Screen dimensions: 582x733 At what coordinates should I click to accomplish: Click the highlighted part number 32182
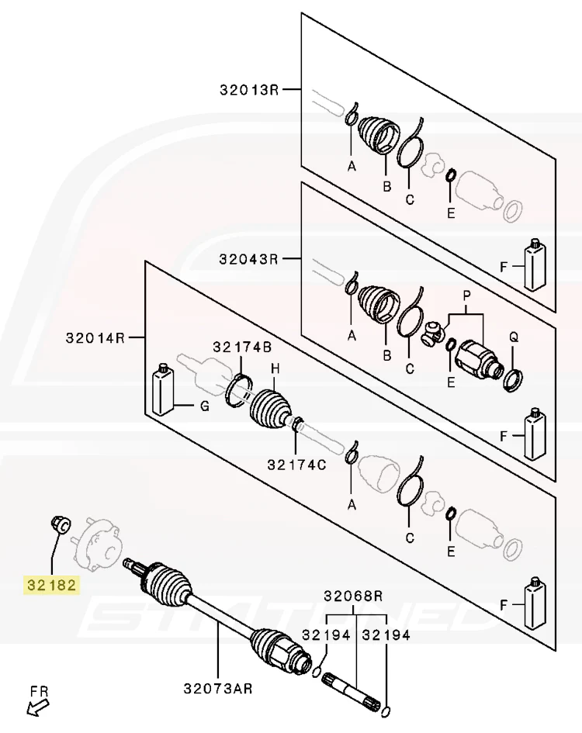(51, 585)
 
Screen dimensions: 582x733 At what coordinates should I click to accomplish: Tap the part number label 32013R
(249, 89)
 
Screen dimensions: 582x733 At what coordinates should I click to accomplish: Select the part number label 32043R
(249, 258)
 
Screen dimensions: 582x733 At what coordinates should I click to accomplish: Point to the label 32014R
(95, 337)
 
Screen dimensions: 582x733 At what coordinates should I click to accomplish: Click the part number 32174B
(242, 347)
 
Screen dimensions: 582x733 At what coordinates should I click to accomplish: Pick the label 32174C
(296, 465)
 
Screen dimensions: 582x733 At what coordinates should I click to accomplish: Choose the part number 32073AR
(218, 688)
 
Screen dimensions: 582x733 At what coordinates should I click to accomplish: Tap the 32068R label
(353, 596)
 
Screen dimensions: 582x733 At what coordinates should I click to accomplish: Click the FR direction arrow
(37, 708)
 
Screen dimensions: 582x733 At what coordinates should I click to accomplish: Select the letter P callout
(466, 296)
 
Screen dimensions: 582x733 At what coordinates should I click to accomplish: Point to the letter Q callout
(514, 337)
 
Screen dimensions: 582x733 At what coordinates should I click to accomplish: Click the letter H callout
(275, 369)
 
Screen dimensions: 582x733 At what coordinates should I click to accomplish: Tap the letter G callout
(204, 406)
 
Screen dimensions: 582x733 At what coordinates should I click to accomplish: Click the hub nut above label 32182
(60, 524)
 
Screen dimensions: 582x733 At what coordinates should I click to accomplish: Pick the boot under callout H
(270, 408)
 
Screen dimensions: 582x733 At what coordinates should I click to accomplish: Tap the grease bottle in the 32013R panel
(535, 265)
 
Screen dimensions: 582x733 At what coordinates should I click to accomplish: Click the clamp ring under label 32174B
(239, 390)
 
